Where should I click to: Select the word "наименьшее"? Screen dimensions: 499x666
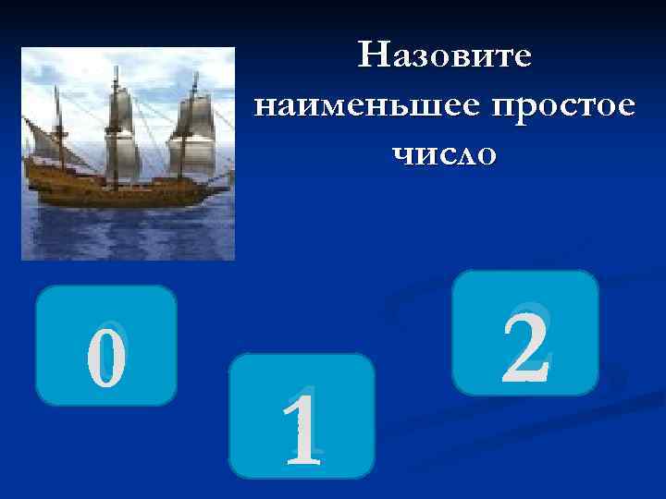tap(362, 104)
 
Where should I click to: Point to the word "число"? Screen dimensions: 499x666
tap(444, 152)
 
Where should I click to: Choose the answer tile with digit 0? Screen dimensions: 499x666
tap(106, 346)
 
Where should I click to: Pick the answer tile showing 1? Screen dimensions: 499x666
tap(302, 416)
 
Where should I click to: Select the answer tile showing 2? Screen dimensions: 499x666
tap(525, 333)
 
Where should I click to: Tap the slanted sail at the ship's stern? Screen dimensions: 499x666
tap(43, 143)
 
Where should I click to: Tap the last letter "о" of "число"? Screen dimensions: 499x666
tap(486, 153)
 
